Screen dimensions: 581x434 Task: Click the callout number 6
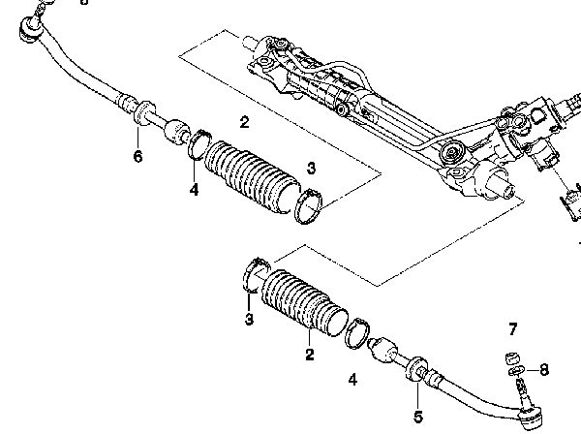138,156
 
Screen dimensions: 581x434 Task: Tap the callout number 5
418,417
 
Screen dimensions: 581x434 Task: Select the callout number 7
512,328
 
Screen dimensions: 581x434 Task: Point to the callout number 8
543,369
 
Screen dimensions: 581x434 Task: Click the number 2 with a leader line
310,355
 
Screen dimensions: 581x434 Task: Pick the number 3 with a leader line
250,319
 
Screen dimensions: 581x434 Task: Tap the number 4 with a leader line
194,189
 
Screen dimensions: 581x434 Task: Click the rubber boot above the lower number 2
305,302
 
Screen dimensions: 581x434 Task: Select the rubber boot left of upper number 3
253,176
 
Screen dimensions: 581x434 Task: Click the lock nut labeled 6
143,112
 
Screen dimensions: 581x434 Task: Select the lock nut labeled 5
416,368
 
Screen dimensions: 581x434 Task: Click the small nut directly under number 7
512,358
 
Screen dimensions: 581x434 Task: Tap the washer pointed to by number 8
517,370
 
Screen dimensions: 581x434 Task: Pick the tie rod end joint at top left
31,28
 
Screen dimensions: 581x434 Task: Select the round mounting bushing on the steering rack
451,152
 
